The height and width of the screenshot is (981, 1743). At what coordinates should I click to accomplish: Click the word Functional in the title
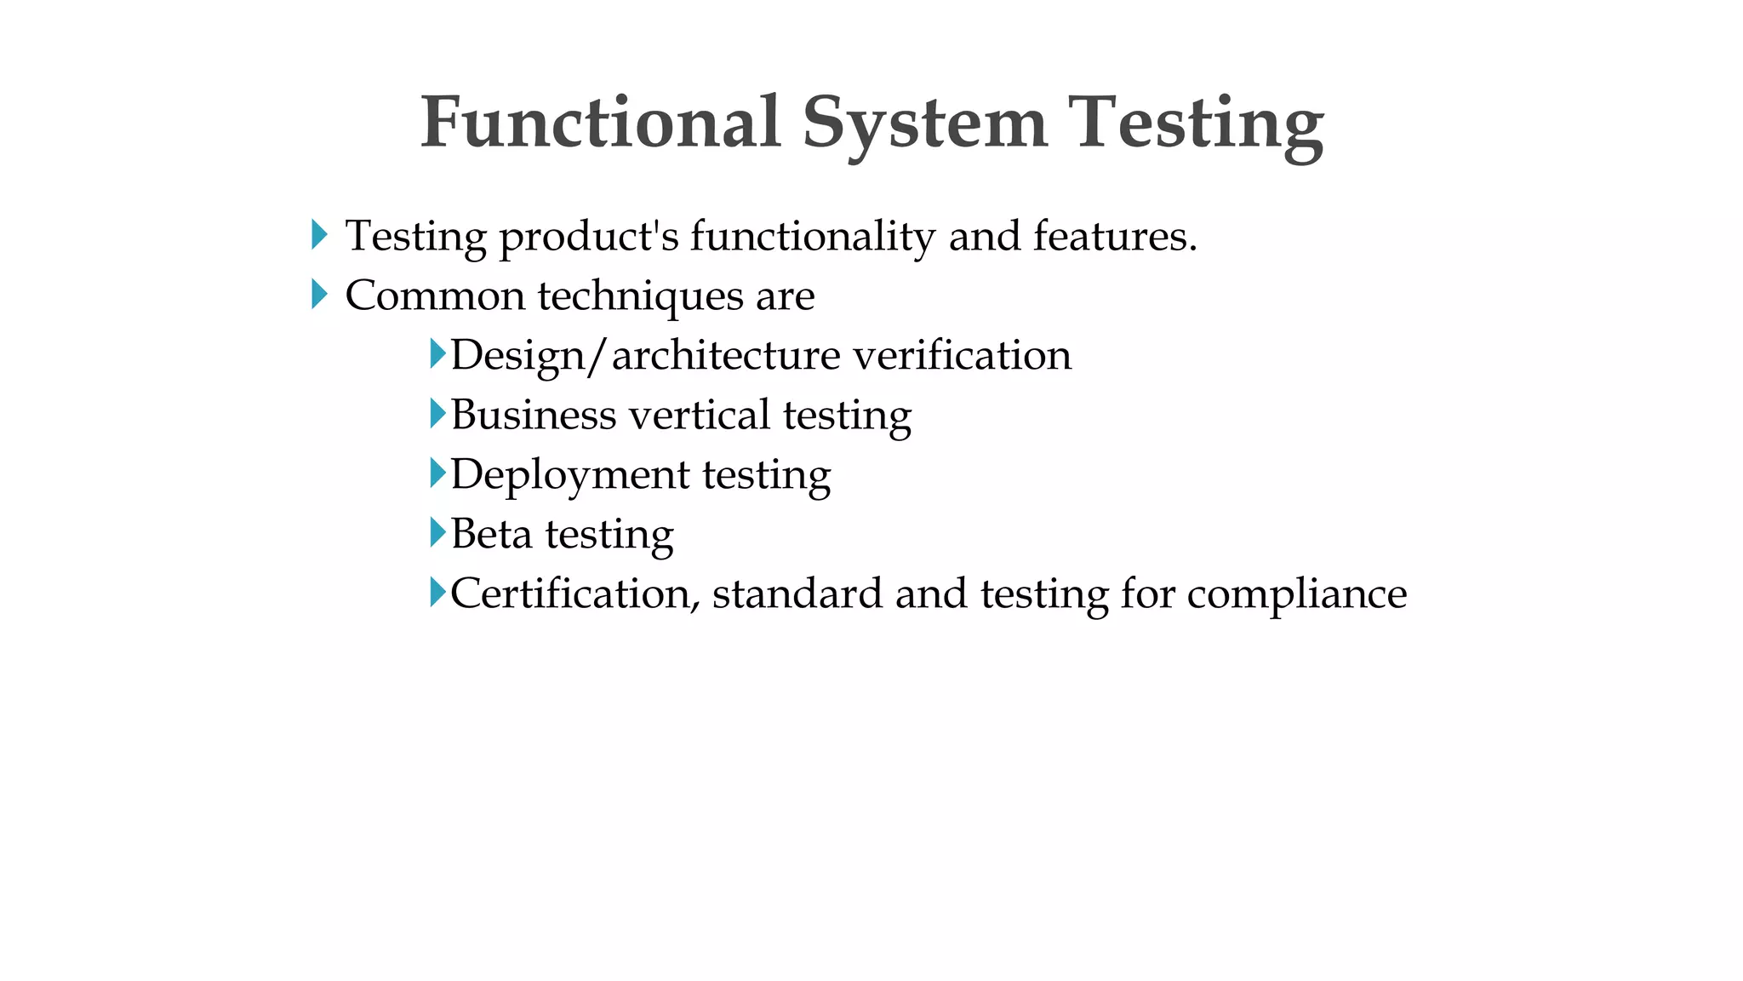(x=600, y=123)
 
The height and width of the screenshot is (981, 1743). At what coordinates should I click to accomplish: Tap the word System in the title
(x=924, y=124)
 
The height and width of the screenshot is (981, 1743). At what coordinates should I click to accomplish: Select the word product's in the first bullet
(x=589, y=237)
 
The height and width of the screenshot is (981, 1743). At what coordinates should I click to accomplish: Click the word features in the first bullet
(x=1115, y=236)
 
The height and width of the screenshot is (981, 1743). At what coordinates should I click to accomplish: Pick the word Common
(x=435, y=296)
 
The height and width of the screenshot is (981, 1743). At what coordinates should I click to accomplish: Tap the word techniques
(x=640, y=296)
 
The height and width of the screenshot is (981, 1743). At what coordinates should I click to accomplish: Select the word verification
(x=962, y=355)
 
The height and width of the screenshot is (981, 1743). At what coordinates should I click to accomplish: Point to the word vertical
(x=700, y=415)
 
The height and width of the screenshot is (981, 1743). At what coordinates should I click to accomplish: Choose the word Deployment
(x=569, y=475)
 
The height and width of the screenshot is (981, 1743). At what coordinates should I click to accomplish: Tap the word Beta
(x=491, y=534)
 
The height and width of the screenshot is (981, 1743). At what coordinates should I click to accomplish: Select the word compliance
(x=1296, y=594)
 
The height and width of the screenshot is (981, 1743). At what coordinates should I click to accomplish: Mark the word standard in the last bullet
(x=797, y=594)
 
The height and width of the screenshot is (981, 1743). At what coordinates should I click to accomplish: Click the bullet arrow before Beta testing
(x=437, y=533)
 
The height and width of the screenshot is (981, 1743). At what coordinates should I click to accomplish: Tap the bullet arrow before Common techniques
(x=319, y=295)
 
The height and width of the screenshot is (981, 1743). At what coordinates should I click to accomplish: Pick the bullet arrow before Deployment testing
(x=437, y=473)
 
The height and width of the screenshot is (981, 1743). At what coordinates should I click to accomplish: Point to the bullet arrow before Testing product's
(x=319, y=235)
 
